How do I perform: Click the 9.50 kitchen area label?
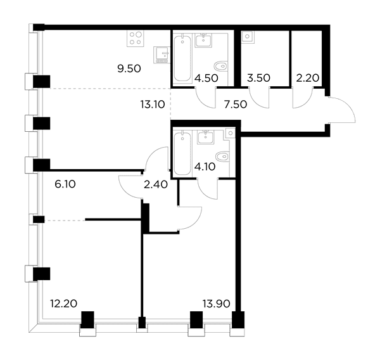pos(129,69)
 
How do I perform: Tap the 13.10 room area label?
pos(153,105)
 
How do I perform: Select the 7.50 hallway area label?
pos(236,105)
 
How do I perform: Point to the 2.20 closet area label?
pos(308,78)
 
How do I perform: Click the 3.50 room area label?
pos(258,78)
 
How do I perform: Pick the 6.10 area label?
pos(65,184)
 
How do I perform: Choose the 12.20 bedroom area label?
pos(64,304)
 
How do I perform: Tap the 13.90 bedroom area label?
pos(217,304)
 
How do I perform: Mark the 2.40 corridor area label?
pos(156,185)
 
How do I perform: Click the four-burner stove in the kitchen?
pos(136,38)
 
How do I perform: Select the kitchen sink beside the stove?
pos(161,55)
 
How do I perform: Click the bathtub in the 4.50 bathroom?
pos(182,58)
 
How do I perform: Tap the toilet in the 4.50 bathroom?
pos(221,66)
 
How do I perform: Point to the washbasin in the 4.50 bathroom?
pos(203,41)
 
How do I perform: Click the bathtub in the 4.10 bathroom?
pos(182,153)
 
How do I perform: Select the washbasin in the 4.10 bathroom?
pos(205,138)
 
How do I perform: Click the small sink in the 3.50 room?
pos(248,37)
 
